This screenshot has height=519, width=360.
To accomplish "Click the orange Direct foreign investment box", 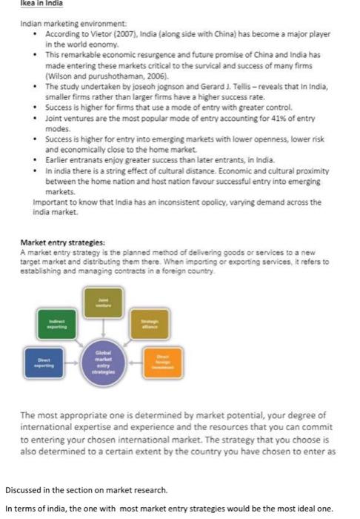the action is click(161, 361).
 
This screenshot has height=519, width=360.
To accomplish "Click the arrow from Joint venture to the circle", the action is click(104, 326).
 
